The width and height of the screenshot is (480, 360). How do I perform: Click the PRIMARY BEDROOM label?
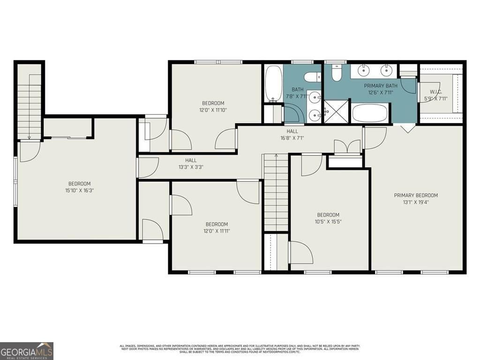[x=416, y=195]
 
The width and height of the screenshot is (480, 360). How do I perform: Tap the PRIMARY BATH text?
[x=381, y=86]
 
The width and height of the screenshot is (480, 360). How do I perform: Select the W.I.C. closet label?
[x=436, y=92]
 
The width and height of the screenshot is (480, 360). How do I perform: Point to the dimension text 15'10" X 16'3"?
[x=79, y=191]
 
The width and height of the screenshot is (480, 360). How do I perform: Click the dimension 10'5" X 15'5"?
[x=328, y=222]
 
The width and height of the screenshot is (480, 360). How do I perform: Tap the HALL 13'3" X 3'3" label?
[x=190, y=164]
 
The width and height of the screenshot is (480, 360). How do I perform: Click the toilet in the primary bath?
[x=337, y=73]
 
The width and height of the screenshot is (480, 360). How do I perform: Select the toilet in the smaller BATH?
[x=311, y=77]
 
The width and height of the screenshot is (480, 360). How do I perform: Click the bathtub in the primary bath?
[x=370, y=113]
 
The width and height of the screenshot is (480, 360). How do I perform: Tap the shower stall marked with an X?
[x=336, y=111]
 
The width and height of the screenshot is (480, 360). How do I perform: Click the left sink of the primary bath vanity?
[x=363, y=71]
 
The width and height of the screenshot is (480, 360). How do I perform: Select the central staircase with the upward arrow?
[x=276, y=192]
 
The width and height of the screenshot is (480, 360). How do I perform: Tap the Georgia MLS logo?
[x=27, y=351]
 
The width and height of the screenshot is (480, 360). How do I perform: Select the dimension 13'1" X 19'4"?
[x=416, y=202]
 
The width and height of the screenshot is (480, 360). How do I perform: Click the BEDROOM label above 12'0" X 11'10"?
[x=213, y=103]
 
